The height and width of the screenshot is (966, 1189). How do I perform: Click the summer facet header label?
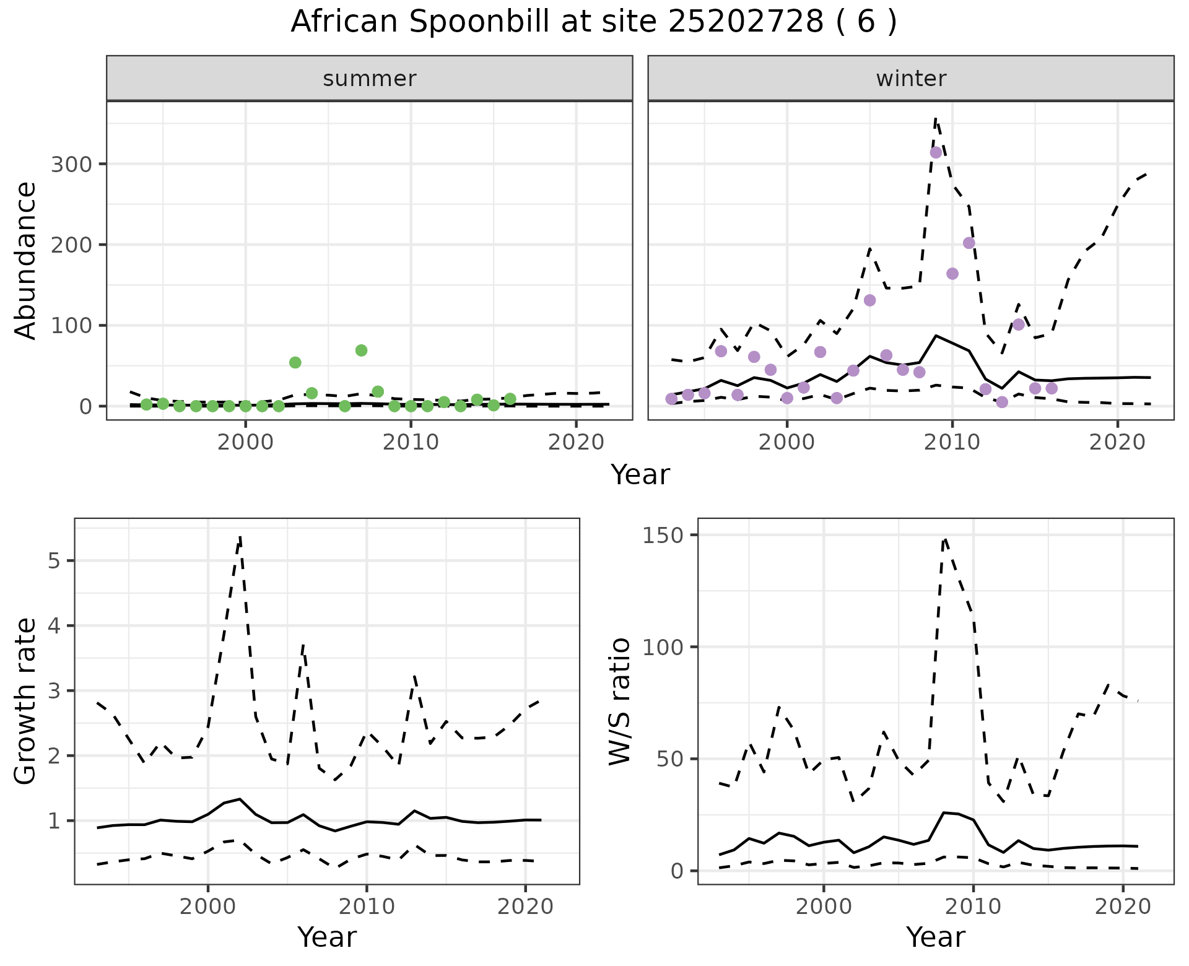click(370, 79)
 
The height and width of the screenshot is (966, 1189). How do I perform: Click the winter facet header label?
click(911, 79)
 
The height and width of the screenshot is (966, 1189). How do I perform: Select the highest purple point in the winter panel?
click(936, 152)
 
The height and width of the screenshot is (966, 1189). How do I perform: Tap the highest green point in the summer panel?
click(362, 350)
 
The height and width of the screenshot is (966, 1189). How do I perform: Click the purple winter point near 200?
click(969, 243)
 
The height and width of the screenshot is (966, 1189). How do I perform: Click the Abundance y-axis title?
click(26, 260)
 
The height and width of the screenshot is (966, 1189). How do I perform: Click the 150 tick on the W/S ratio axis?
click(663, 535)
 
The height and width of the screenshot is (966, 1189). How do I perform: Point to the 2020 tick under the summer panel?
click(576, 443)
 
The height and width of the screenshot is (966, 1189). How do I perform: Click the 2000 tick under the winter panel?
click(786, 443)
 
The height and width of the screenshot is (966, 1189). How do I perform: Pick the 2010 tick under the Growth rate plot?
click(367, 907)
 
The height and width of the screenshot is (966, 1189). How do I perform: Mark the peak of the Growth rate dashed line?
click(240, 536)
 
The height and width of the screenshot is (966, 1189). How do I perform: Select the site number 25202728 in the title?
click(745, 22)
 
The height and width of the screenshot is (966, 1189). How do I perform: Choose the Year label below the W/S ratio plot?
click(935, 938)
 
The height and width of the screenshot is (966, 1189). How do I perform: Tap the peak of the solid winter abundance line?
click(936, 336)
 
